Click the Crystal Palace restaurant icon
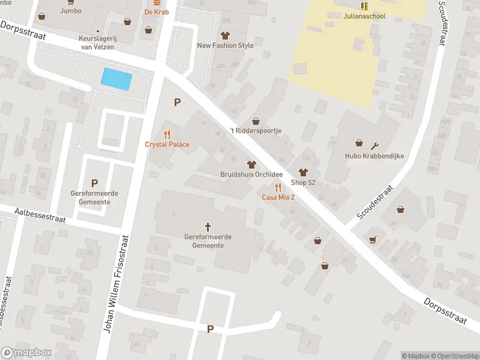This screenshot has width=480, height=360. pos(167,134)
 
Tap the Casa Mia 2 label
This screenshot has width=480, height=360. pos(277,197)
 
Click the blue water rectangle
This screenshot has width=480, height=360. pos(117,79)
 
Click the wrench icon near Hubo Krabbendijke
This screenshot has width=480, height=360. pos(376,145)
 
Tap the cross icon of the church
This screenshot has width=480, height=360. pos(208,226)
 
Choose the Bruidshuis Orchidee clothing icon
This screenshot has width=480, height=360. pos(251,164)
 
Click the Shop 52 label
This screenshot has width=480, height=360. pos(303,182)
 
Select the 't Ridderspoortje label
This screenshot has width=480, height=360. pos(256,130)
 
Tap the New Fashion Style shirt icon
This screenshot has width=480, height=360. pos(225,35)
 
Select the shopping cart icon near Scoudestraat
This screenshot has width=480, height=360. pos(373,239)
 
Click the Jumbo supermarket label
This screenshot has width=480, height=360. pos(71,11)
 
